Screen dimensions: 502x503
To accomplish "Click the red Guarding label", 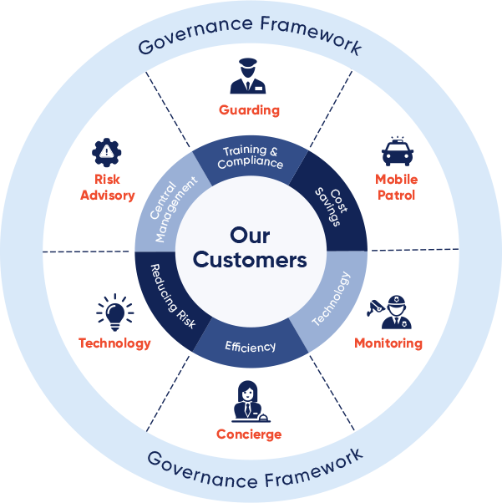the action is (249, 110).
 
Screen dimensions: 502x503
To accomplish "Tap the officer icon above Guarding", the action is (248, 76).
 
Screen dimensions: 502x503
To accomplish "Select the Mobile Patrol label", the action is (397, 187).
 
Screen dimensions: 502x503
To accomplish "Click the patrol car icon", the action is (398, 151).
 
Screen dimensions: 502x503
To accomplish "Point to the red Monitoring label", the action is (388, 343).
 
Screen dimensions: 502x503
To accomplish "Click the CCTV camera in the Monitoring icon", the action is (375, 307).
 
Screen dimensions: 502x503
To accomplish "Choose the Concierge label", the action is (249, 434).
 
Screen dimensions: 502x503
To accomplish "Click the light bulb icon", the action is (115, 312).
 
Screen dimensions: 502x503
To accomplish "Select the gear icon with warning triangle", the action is (106, 152).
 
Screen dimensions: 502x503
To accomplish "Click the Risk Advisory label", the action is (108, 187).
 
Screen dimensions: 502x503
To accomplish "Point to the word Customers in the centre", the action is (250, 260).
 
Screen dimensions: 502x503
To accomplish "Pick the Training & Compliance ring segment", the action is (251, 158).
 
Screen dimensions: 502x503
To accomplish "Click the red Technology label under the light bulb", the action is (114, 343).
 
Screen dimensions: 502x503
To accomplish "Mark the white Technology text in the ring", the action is (332, 298).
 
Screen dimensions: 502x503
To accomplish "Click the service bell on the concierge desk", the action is (263, 417).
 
